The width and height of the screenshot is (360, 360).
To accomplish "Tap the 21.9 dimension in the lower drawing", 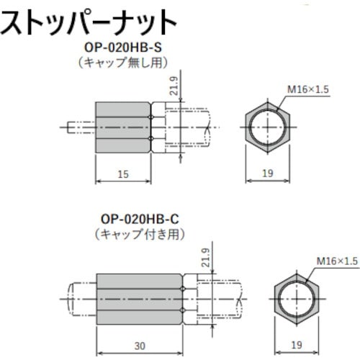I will pos(207,258).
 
